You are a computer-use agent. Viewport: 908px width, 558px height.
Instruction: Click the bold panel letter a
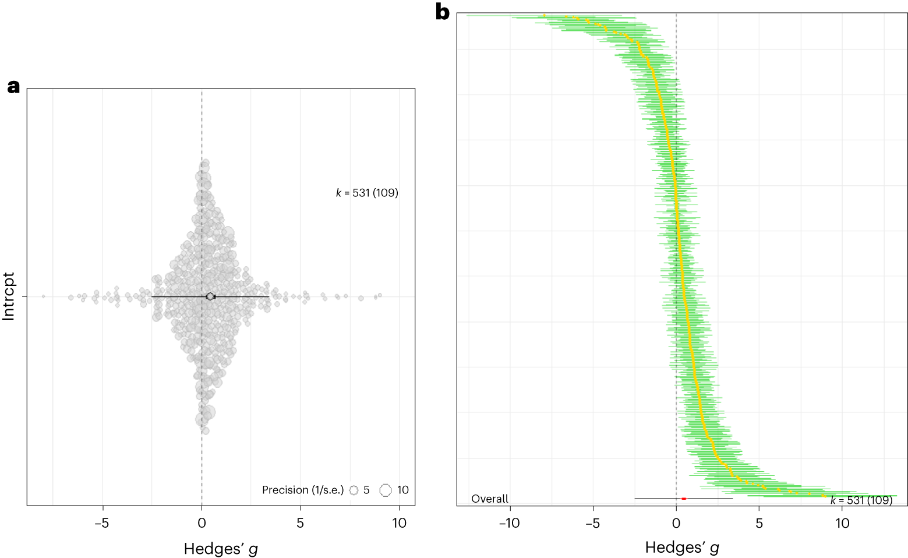13,87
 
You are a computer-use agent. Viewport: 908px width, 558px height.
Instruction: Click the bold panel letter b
443,12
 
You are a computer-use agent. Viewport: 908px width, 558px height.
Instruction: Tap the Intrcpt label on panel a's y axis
9,296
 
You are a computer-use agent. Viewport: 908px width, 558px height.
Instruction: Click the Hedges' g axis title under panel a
221,549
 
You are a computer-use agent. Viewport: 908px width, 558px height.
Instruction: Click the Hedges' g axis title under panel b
682,548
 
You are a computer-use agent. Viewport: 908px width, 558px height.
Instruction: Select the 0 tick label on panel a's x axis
202,522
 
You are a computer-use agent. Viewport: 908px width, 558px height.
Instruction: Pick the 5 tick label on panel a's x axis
300,522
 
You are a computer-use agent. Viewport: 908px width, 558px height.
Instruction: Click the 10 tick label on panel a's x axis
399,522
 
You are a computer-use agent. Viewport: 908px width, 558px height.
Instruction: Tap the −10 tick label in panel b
510,523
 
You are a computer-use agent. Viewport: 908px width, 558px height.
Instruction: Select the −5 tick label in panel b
593,523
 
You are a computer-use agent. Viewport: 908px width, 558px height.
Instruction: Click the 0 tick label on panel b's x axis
676,523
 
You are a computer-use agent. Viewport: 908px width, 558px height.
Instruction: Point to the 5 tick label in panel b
759,523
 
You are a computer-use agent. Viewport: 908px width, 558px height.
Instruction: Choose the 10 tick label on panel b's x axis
842,523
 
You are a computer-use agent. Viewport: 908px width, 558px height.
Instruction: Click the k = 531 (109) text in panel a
367,193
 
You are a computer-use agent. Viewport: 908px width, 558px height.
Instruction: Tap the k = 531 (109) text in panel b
861,500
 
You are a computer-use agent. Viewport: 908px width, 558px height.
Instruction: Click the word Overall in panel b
489,499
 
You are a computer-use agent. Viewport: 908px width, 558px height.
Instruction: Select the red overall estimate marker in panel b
684,499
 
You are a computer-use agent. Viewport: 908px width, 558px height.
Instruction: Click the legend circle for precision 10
385,490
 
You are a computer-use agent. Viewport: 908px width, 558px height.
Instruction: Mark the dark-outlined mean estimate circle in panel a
210,296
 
